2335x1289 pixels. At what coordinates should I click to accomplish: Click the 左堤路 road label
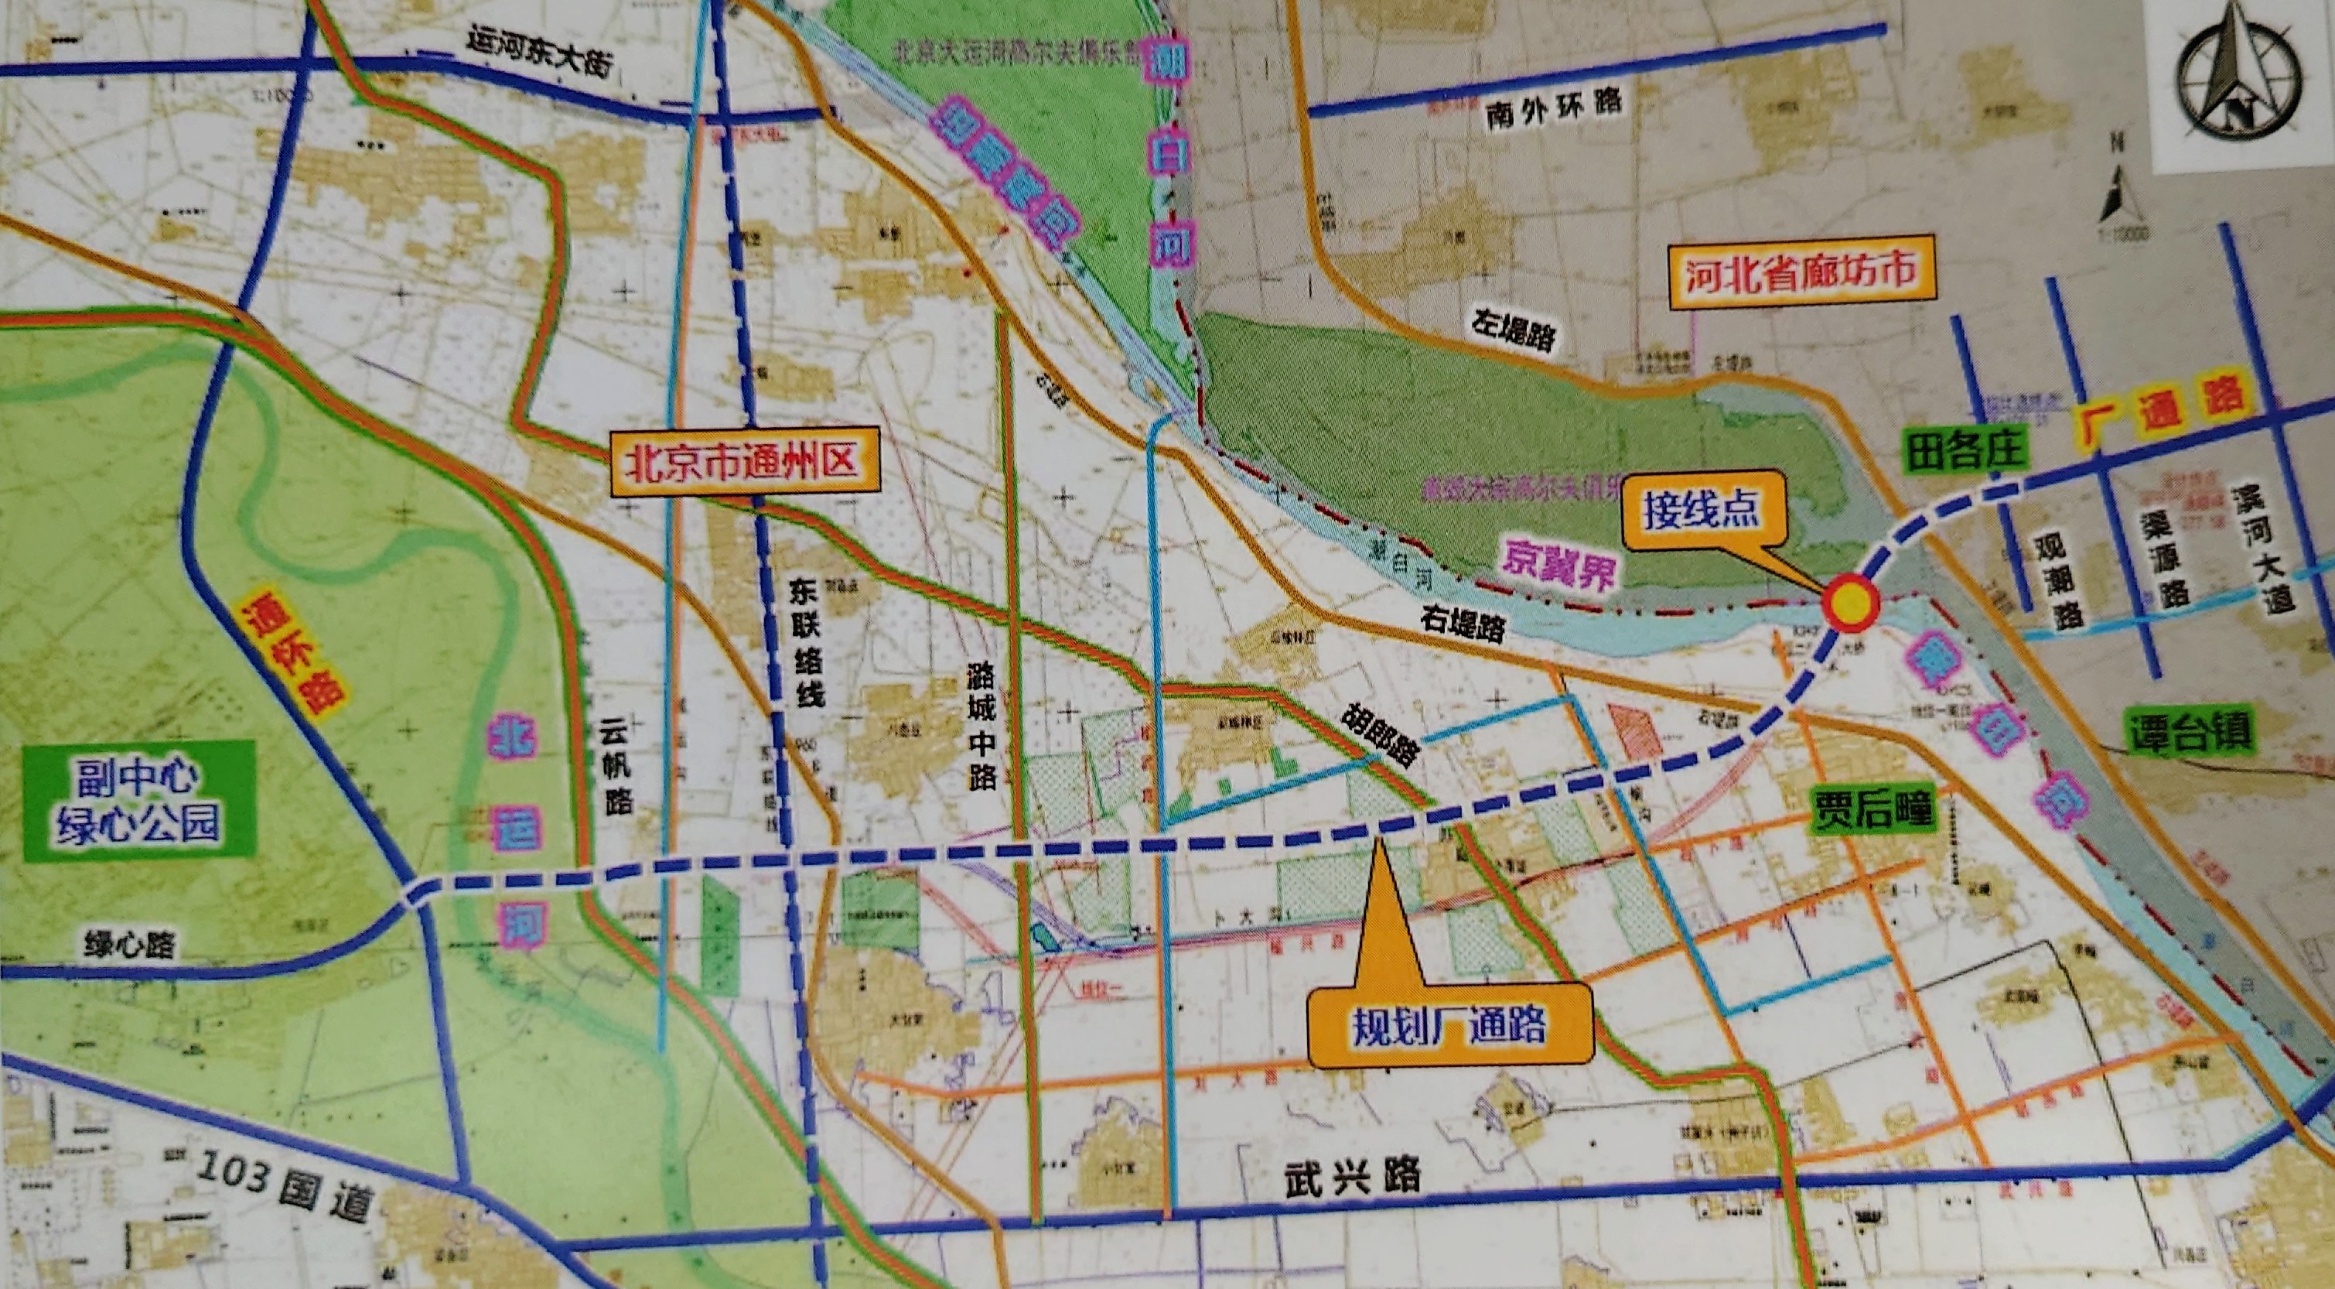[1513, 332]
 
